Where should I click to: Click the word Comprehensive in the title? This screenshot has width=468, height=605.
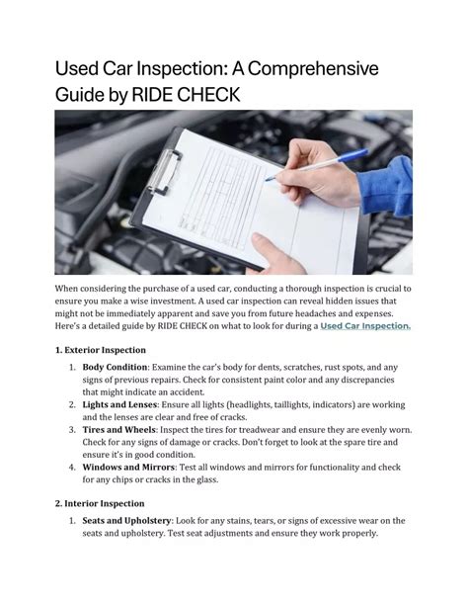pyautogui.click(x=313, y=68)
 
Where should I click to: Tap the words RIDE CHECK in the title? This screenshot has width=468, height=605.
pyautogui.click(x=186, y=95)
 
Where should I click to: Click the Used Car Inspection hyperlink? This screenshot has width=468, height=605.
pyautogui.click(x=365, y=326)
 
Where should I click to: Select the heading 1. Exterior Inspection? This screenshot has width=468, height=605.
pyautogui.click(x=101, y=350)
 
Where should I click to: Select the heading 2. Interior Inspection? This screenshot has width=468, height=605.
pyautogui.click(x=100, y=504)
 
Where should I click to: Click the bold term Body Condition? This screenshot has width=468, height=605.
pyautogui.click(x=115, y=367)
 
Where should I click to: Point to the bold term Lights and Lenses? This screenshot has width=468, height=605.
pyautogui.click(x=119, y=404)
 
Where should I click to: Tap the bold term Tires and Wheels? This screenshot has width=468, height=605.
pyautogui.click(x=118, y=430)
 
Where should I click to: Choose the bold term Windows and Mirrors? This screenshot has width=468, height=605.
pyautogui.click(x=128, y=468)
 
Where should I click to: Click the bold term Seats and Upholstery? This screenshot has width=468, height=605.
pyautogui.click(x=126, y=521)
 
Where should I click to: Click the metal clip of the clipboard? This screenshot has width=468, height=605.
pyautogui.click(x=164, y=171)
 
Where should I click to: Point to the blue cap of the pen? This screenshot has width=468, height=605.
pyautogui.click(x=352, y=155)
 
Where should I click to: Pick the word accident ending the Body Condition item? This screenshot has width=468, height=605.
pyautogui.click(x=189, y=392)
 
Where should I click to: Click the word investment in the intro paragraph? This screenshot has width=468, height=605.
pyautogui.click(x=172, y=301)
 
